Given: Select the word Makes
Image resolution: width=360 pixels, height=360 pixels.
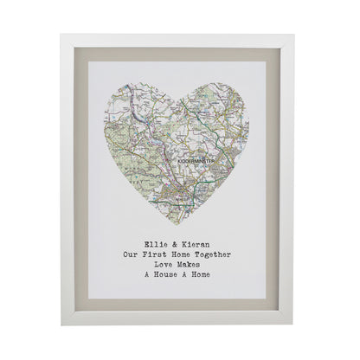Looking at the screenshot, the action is (196, 266).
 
